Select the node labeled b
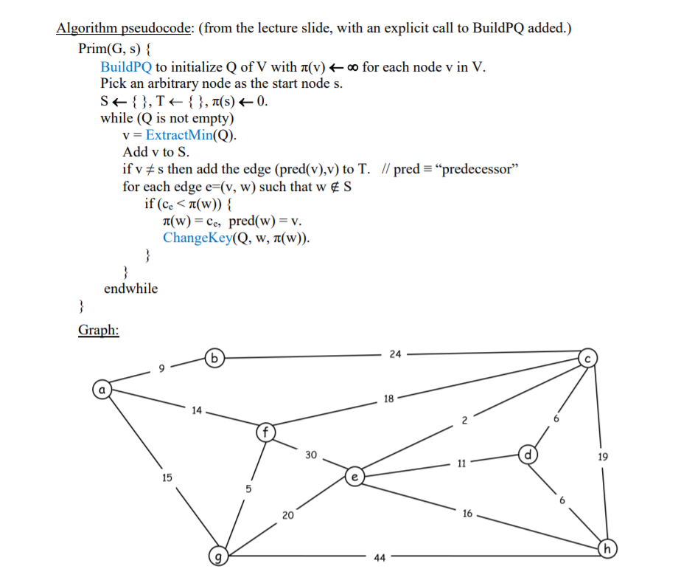214,359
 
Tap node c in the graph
588,358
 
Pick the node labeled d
528,453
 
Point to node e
355,478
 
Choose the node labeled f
265,431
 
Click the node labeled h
607,549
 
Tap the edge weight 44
380,559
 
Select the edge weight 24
395,354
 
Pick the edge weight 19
604,458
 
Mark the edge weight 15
167,477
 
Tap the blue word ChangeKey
197,237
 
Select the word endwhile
130,289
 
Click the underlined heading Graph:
99,330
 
